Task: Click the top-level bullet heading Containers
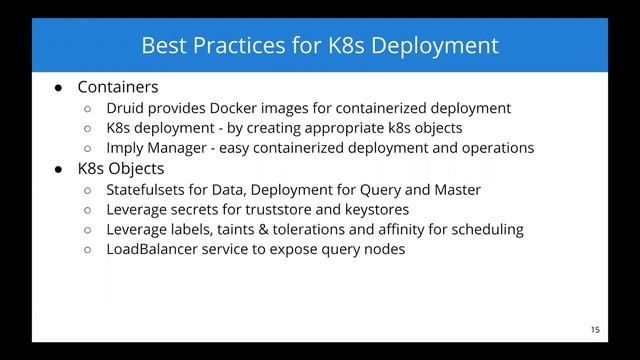click(x=118, y=88)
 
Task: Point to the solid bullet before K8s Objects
click(x=60, y=169)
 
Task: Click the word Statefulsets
click(x=150, y=189)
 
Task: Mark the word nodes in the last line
click(x=382, y=249)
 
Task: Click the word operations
click(x=494, y=148)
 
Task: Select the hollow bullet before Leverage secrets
click(x=88, y=210)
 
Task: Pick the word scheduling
click(x=488, y=229)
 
